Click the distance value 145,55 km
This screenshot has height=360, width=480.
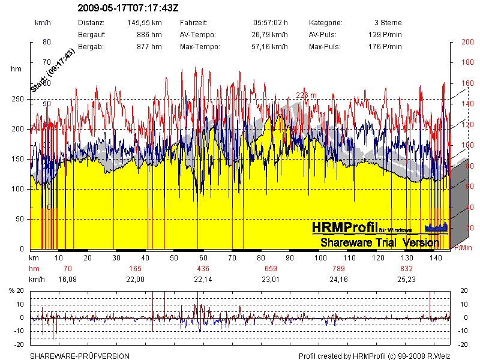(145, 22)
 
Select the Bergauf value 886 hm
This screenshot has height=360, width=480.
(149, 34)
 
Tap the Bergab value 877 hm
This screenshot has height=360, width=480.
(149, 46)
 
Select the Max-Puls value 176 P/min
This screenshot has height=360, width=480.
(385, 46)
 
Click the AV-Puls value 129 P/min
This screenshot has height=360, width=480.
(385, 34)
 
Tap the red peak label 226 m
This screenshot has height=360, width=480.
(306, 95)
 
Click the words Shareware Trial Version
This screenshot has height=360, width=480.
(379, 242)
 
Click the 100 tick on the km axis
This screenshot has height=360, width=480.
(320, 257)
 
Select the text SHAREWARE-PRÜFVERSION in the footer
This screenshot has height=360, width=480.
(80, 356)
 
